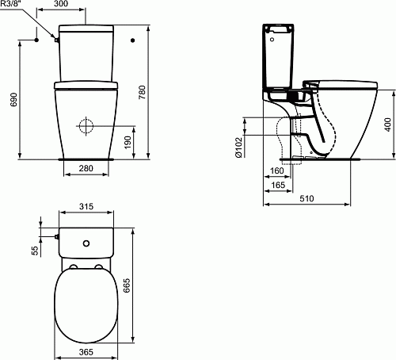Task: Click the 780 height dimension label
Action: [x=143, y=92]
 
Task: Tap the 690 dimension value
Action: [x=14, y=100]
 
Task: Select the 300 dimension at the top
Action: [x=60, y=4]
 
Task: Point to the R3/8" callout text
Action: [x=11, y=4]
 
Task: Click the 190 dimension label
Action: [x=128, y=143]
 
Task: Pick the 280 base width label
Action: [x=86, y=168]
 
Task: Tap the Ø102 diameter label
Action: [x=238, y=147]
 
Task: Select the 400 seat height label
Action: [x=387, y=124]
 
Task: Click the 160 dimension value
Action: [x=277, y=170]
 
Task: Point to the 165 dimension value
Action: [x=278, y=185]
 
